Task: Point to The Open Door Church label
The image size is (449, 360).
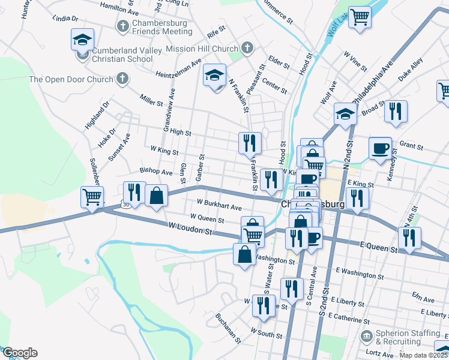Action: pos(71,79)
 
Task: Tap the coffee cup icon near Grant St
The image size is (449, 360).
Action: pos(379,148)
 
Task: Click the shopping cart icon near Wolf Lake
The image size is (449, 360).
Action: pos(360,16)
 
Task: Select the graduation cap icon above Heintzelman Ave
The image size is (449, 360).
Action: pos(214,75)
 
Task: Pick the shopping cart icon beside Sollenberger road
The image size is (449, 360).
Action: pos(92,196)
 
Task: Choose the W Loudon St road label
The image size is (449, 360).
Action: pos(191,228)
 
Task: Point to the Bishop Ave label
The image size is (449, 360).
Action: pos(156,172)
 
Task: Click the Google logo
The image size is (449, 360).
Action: pos(20,353)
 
